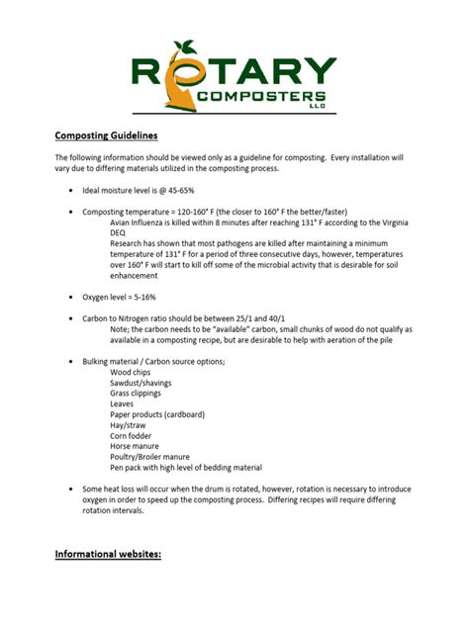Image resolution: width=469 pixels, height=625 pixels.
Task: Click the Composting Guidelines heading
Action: [106, 135]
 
